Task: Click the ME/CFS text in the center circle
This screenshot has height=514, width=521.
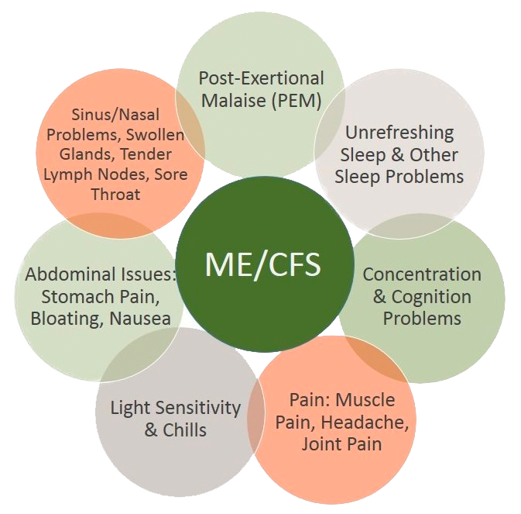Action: coord(262,264)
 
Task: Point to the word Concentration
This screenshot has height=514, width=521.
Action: coord(421,274)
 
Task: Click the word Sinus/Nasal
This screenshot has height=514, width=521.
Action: coord(115,115)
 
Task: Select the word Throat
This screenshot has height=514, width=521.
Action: coord(115,194)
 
